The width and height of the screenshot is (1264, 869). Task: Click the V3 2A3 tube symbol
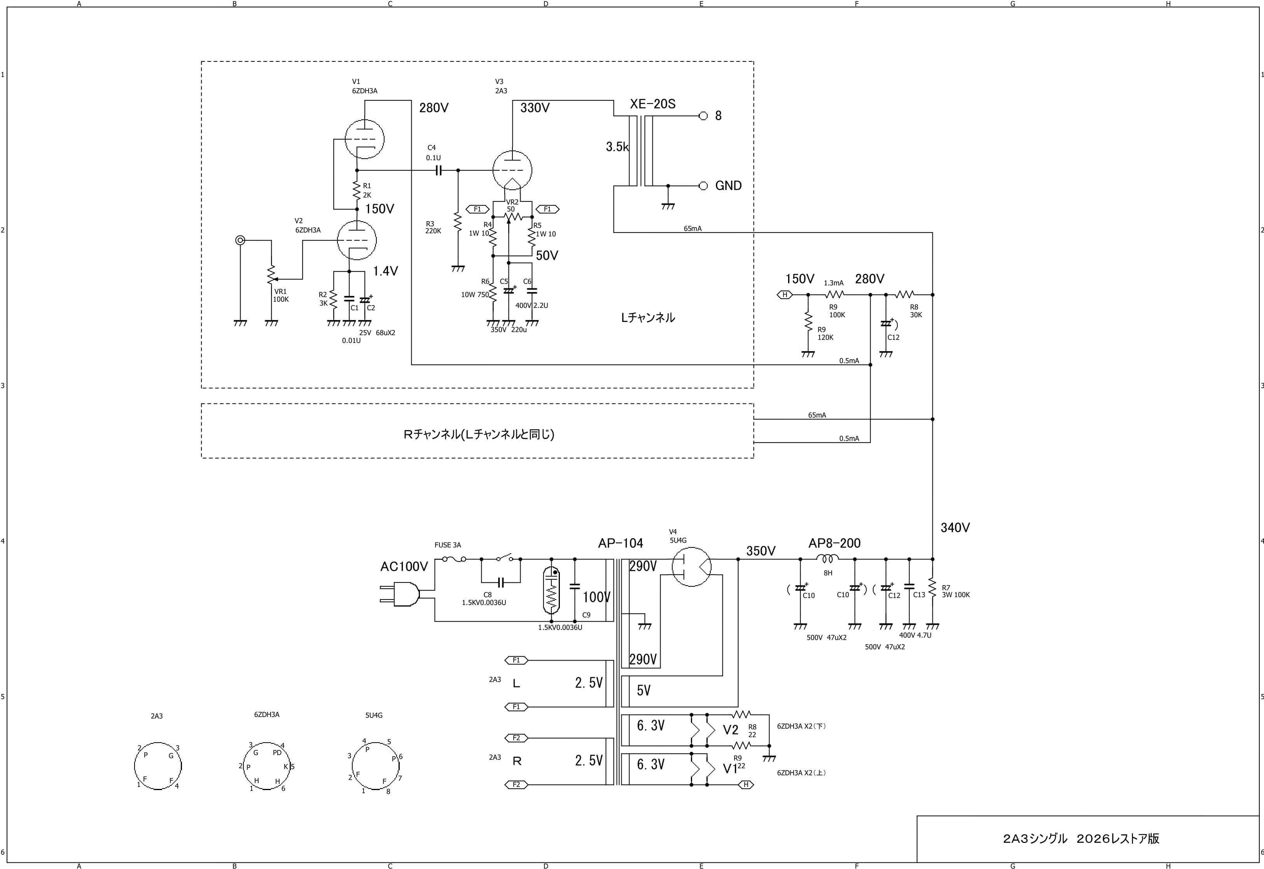tap(512, 170)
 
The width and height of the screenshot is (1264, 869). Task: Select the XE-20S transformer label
tap(653, 104)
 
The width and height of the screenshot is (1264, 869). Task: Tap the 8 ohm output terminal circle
tap(703, 116)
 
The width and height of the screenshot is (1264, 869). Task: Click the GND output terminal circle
tap(703, 186)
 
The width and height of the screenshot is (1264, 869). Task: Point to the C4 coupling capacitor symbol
tap(438, 170)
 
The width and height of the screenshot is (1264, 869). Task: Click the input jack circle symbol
tap(240, 240)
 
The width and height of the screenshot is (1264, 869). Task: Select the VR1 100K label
tap(281, 295)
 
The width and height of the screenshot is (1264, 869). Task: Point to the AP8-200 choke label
tap(834, 544)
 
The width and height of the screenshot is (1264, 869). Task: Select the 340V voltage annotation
tap(955, 528)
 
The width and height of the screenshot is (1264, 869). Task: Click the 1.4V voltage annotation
tap(385, 271)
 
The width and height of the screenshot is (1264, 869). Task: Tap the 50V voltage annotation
tap(547, 256)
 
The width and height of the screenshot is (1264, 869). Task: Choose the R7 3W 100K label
tap(956, 591)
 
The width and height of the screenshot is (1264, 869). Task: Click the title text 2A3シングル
tap(1035, 839)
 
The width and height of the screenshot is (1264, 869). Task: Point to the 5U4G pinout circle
tap(375, 765)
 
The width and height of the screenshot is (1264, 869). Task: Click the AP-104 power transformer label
tap(621, 544)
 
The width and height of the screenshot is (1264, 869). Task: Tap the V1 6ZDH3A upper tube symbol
tap(365, 139)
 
